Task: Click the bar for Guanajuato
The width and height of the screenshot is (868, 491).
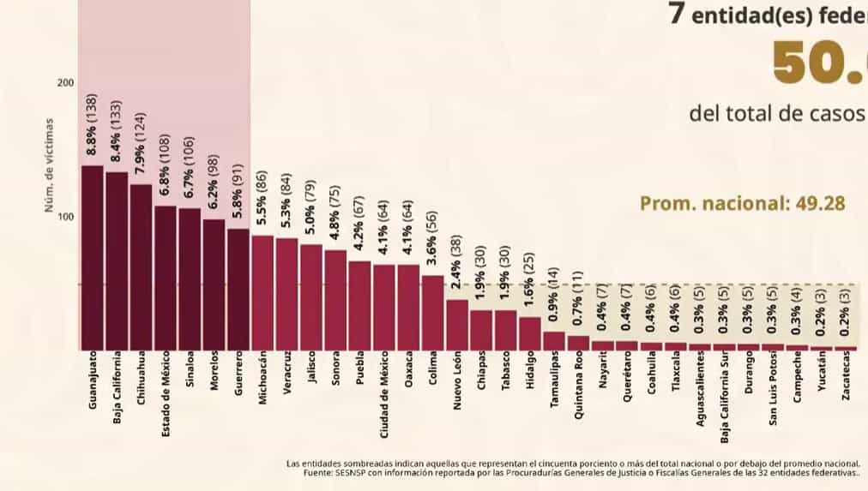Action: coord(92,257)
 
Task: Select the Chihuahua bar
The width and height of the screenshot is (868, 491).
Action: coord(141,266)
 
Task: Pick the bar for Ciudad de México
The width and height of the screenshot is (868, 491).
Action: coord(384,307)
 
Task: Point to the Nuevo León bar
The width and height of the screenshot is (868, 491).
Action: coord(457,325)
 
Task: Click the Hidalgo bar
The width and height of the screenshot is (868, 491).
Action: coord(530,333)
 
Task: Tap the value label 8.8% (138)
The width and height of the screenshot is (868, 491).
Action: coord(92,125)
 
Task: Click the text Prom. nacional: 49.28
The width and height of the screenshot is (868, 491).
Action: coord(743,204)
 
